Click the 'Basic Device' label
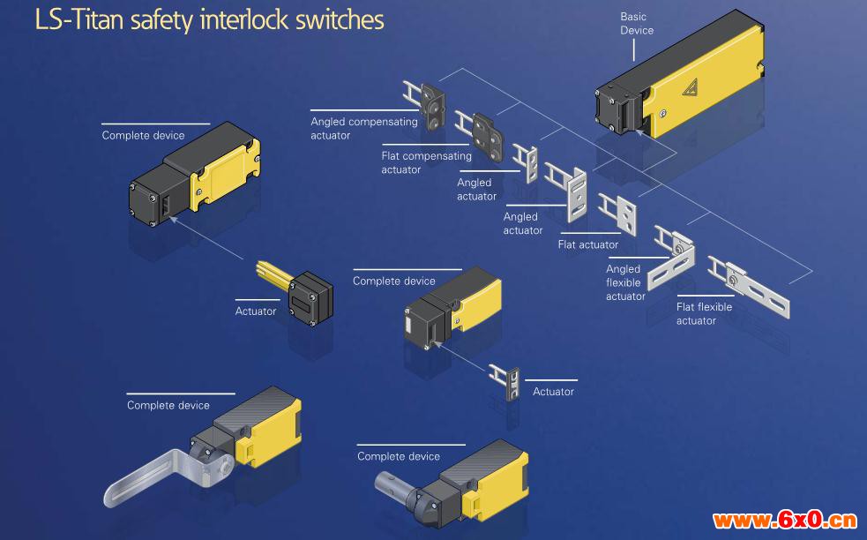pos(637,24)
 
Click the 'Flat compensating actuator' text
pos(426,162)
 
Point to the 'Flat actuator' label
pos(587,244)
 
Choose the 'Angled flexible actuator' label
pos(624,282)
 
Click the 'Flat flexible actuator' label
pos(704,313)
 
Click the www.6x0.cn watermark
pos(785,519)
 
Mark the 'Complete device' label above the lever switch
pos(168,405)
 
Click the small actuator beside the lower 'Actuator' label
pos(506,380)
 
